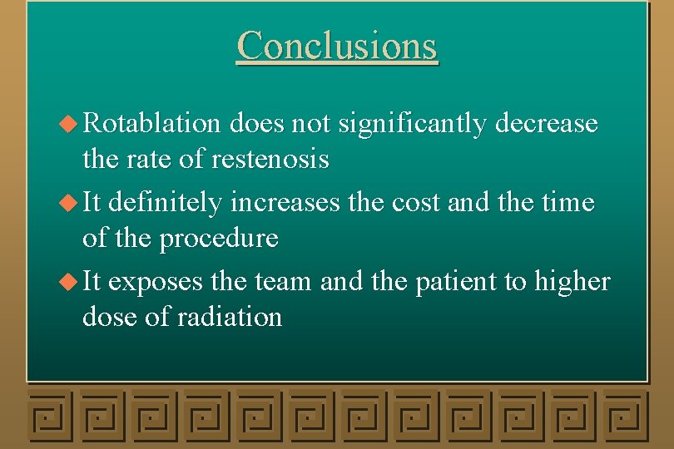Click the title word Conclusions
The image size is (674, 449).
pyautogui.click(x=336, y=45)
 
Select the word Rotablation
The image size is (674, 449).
pyautogui.click(x=151, y=124)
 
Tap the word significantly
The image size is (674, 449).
pyautogui.click(x=412, y=124)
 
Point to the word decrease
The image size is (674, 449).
pyautogui.click(x=547, y=124)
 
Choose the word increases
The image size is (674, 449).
pyautogui.click(x=285, y=202)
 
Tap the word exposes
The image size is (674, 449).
pyautogui.click(x=156, y=281)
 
